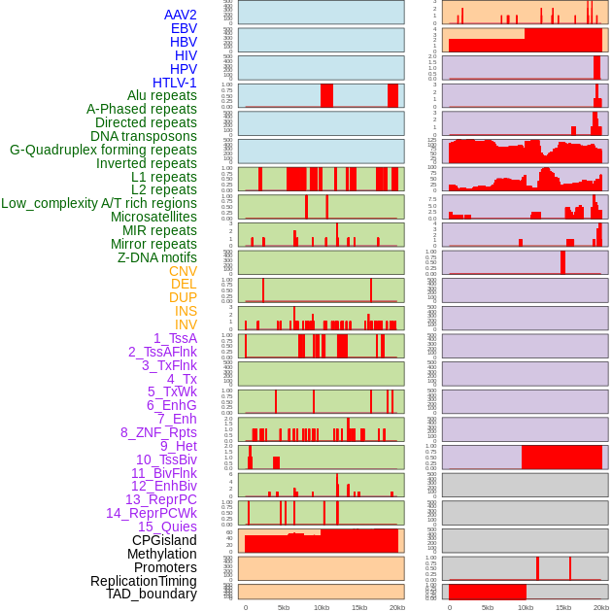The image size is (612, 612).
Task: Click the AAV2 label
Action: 180,15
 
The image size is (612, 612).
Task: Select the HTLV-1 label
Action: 174,83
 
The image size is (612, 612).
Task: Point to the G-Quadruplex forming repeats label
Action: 103,150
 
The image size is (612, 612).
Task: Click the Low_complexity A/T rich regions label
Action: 99,203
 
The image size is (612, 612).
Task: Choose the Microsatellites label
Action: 153,217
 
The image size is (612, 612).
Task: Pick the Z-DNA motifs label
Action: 156,257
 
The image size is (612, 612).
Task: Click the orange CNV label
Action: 183,271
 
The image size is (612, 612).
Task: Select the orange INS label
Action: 186,311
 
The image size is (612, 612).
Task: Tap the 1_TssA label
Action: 175,338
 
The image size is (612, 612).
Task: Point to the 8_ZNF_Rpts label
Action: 158,432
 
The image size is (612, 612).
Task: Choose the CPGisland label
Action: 164,540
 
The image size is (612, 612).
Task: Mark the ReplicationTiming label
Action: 143,581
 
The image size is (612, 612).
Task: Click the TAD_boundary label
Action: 152,594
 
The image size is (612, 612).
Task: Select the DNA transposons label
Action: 144,136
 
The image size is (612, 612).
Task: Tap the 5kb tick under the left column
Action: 284,607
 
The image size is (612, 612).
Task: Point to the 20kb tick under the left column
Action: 397,607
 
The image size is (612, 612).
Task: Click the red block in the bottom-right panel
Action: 487,592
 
